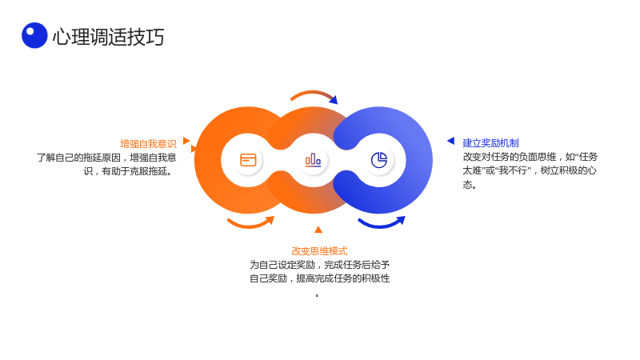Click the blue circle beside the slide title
[34, 35]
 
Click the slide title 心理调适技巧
[108, 37]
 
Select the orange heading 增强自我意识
[148, 144]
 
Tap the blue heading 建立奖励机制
[490, 143]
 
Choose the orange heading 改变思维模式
[319, 251]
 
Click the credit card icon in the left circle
[248, 160]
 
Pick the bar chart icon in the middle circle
[313, 160]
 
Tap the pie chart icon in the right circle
[379, 160]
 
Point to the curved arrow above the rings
[313, 93]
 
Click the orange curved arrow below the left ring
[250, 225]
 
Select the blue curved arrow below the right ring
[382, 225]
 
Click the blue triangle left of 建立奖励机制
[451, 141]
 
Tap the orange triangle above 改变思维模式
[318, 230]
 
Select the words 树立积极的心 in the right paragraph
[569, 170]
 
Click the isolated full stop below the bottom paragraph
[317, 295]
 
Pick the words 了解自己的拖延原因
[78, 158]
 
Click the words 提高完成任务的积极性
[343, 278]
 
